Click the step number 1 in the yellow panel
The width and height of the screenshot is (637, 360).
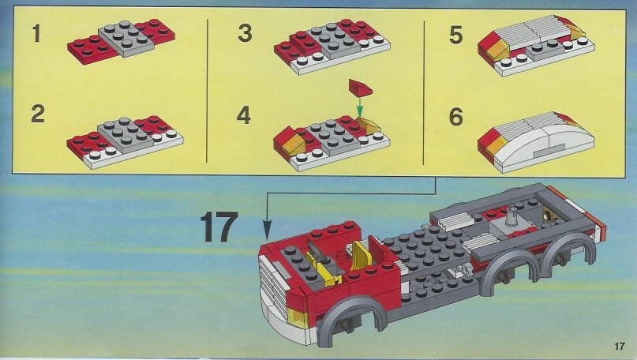coord(37,33)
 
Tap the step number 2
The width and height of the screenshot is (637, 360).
coord(38,114)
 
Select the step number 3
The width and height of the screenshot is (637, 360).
coord(245,33)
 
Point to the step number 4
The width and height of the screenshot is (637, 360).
coord(244,115)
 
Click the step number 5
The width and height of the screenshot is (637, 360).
coord(455,35)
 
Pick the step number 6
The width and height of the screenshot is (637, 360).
coord(455,117)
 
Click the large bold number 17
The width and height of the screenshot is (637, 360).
coord(219,227)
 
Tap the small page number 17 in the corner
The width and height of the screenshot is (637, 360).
coord(619,347)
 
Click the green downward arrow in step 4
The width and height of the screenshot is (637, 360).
coord(359,107)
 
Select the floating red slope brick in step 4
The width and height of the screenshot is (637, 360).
coord(360,88)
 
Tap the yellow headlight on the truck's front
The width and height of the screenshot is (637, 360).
coord(297,317)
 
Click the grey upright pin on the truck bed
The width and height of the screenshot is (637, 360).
coord(511,216)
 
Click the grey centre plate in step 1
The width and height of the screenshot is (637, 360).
coord(126,37)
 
